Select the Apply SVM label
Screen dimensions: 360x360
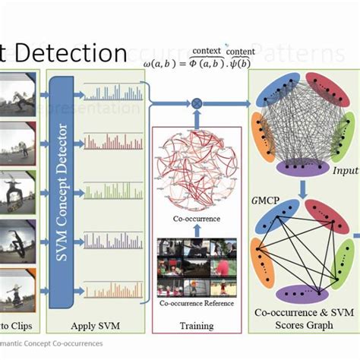tap(96, 326)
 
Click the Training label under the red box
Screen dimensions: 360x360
tap(197, 326)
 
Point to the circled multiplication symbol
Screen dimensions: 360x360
tap(197, 102)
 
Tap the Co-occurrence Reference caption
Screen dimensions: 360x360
tap(196, 302)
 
